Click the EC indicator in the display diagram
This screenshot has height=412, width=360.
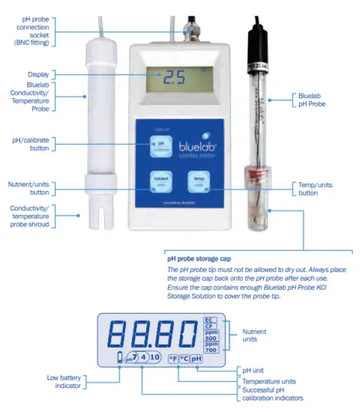210,320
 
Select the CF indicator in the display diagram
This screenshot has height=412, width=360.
210,327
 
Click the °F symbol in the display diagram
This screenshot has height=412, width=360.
172,358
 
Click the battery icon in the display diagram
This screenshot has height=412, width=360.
118,360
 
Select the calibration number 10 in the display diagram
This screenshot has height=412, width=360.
154,357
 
